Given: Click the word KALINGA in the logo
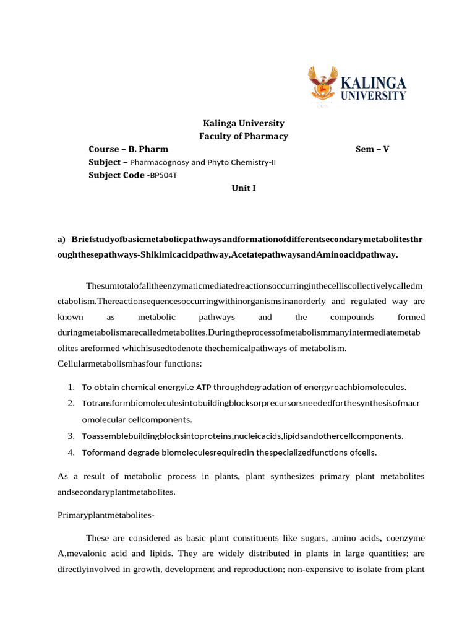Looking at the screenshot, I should pos(374,83).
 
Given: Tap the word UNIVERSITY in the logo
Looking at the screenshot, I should pos(374,96).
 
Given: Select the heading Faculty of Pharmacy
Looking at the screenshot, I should pos(243,136).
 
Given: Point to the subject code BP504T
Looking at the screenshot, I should pos(168,175).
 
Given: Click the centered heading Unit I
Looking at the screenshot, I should pos(243,188).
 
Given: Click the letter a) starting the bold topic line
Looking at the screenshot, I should pos(61,239).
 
